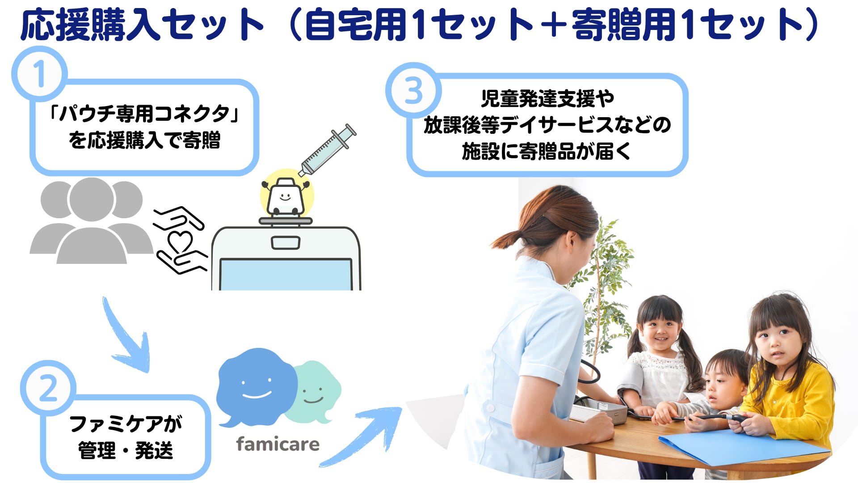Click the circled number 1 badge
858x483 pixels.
pyautogui.click(x=39, y=74)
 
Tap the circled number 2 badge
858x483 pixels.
pyautogui.click(x=48, y=388)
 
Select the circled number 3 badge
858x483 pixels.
pyautogui.click(x=413, y=90)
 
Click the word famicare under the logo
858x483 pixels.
pyautogui.click(x=278, y=444)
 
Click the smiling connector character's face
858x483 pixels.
pyautogui.click(x=285, y=196)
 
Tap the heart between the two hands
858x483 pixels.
pyautogui.click(x=180, y=242)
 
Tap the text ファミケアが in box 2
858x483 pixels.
pyautogui.click(x=126, y=424)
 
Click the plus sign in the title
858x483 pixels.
pyautogui.click(x=553, y=25)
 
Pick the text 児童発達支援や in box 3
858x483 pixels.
pyautogui.click(x=547, y=98)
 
